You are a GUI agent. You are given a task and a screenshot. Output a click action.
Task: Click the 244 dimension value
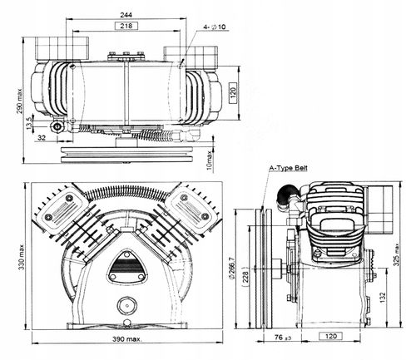pos(126,14)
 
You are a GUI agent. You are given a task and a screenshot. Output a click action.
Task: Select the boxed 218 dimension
pos(126,26)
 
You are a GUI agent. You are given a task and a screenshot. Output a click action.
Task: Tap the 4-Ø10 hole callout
pos(215,27)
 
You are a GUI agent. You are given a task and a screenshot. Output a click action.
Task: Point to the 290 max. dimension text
pos(19,101)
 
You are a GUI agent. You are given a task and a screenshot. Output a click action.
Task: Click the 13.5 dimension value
pos(29,123)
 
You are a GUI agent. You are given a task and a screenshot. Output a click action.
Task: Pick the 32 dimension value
pos(42,137)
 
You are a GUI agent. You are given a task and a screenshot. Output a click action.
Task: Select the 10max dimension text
pos(210,160)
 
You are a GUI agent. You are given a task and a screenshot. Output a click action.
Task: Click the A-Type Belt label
pos(289,168)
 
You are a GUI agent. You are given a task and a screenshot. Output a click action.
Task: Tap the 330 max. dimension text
pos(22,257)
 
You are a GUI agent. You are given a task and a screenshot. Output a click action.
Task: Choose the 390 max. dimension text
pos(127,339)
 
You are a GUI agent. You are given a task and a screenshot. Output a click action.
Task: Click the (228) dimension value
pos(245,277)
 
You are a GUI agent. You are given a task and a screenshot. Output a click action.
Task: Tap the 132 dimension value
pos(383,298)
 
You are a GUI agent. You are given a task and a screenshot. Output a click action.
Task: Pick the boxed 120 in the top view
pos(233,91)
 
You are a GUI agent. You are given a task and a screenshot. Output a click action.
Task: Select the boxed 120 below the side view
pos(331,336)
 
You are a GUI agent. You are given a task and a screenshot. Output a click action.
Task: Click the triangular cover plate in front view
pos(126,267)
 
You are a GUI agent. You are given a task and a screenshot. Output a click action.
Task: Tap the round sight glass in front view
pos(127,306)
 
